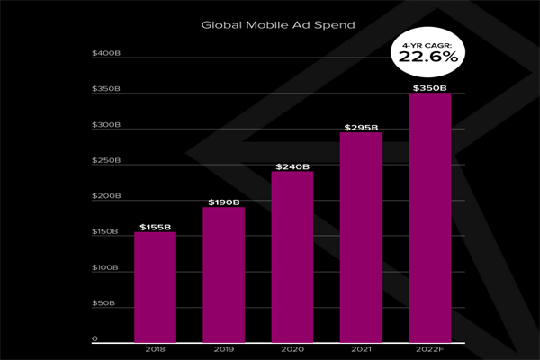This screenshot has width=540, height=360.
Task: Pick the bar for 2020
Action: [292, 256]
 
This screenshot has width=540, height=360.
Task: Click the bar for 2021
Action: [361, 236]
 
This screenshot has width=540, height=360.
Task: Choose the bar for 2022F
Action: [429, 216]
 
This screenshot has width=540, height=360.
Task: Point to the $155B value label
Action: [155, 227]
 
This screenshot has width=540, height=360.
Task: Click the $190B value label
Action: [223, 202]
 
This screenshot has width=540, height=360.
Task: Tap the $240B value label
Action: [292, 166]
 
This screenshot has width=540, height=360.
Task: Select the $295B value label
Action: [361, 127]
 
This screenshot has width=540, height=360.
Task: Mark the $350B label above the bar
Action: [429, 87]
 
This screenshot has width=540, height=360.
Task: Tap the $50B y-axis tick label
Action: [103, 303]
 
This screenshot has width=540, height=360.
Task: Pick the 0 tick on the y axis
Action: [94, 338]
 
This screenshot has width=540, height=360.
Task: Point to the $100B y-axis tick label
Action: [104, 267]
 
